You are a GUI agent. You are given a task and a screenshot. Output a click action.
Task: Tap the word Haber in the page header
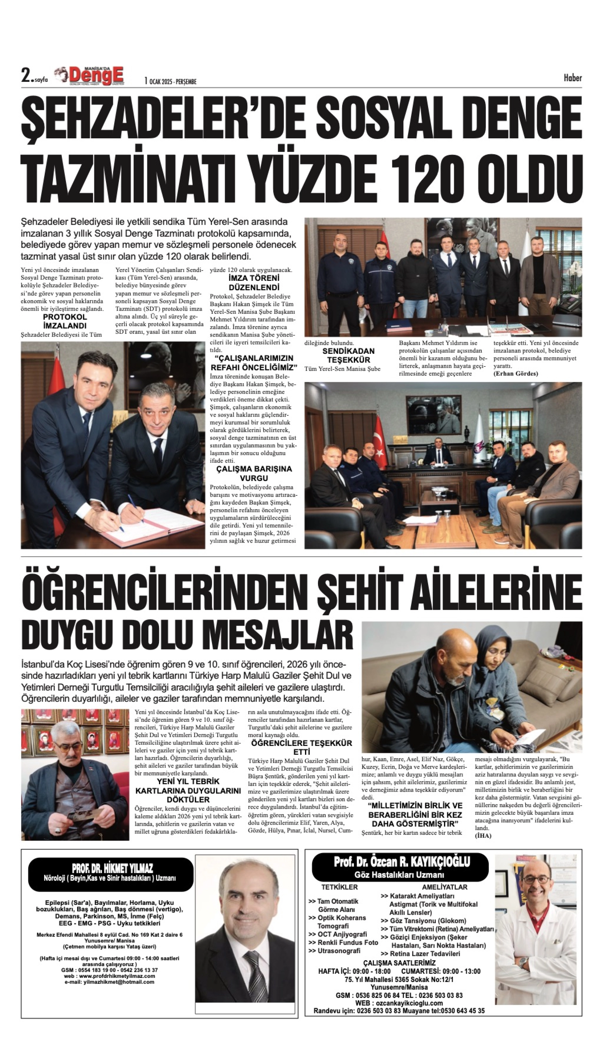coord(572,78)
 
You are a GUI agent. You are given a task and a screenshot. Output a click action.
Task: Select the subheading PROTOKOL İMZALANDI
coord(65,321)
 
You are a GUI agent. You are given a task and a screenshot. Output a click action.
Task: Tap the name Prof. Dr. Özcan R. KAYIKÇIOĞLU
coord(402,862)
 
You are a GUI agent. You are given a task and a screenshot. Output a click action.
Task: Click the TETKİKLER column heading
coord(339,887)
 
